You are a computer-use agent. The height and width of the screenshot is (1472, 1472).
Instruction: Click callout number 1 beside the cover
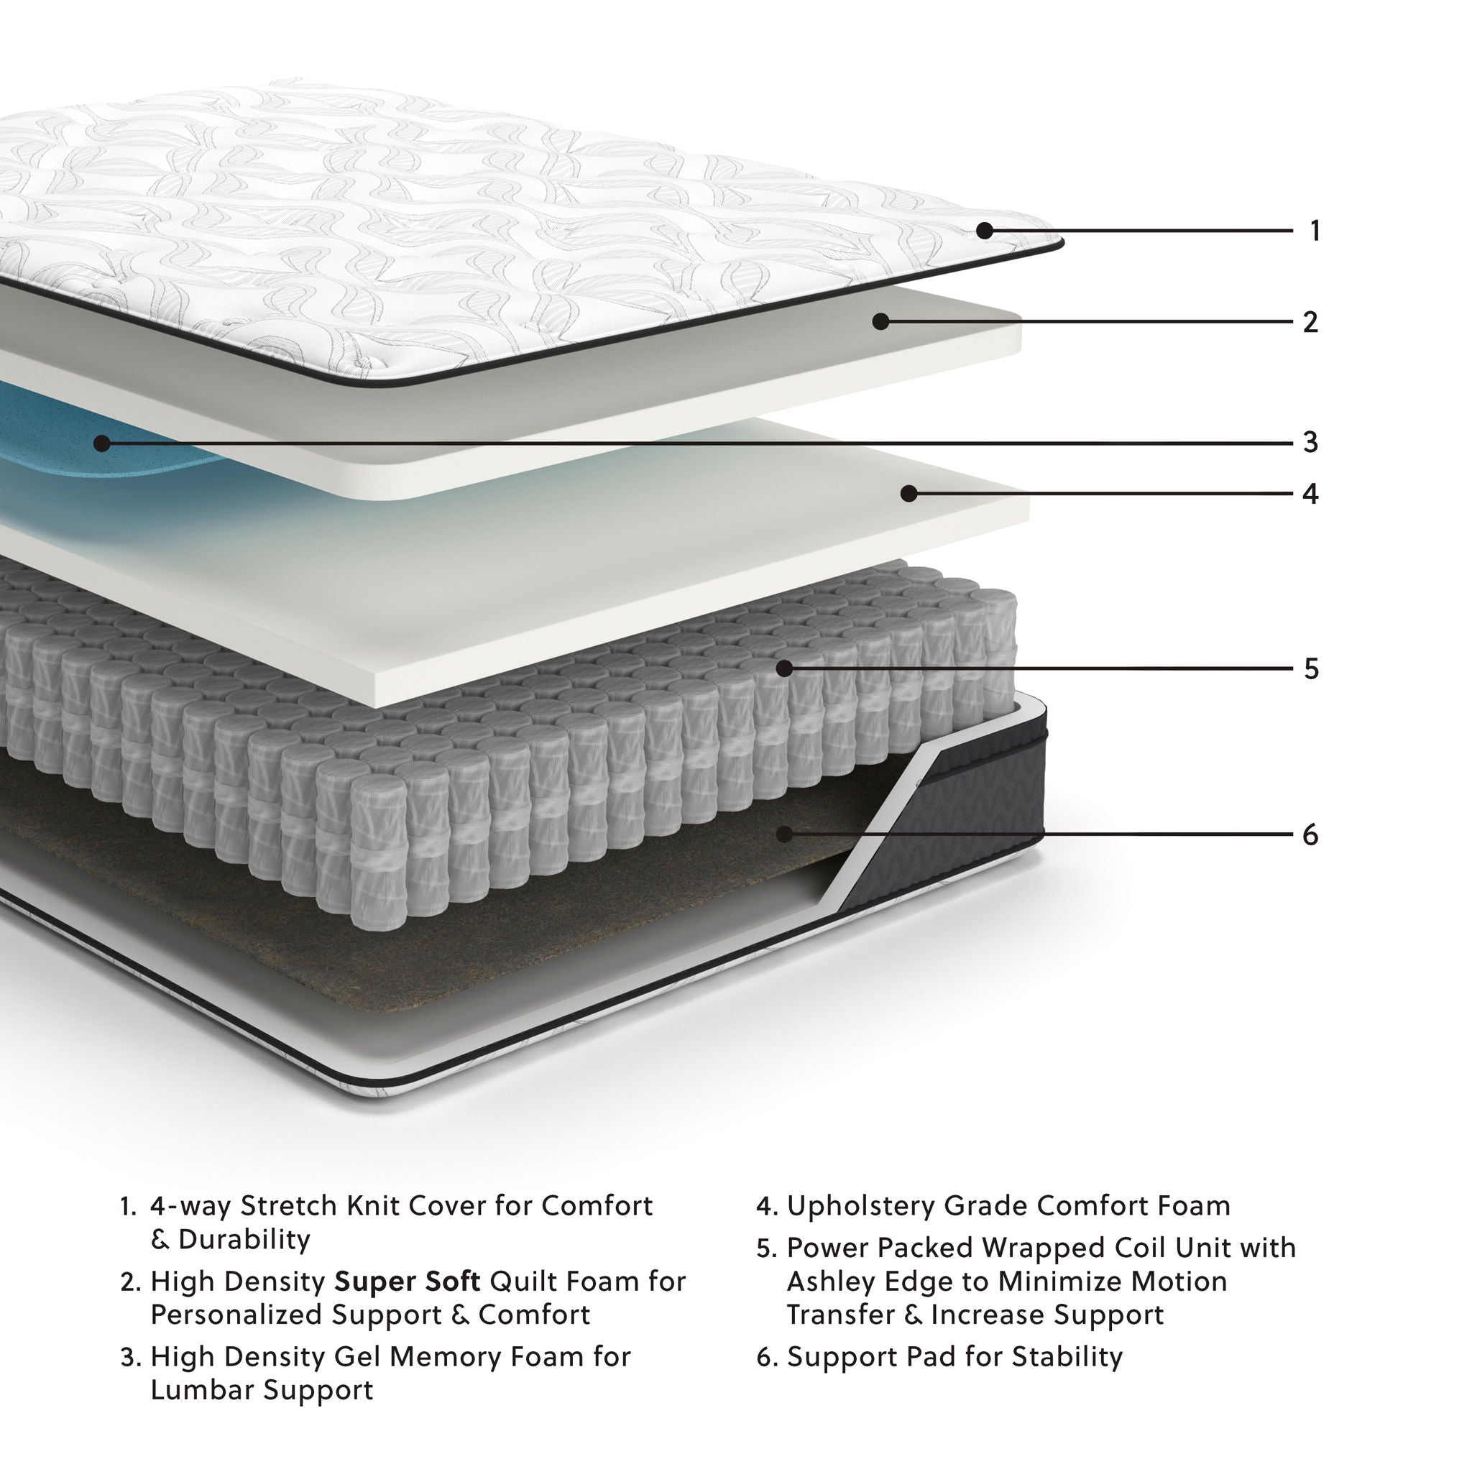point(1315,231)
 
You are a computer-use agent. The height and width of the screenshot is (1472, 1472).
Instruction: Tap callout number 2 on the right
point(1310,322)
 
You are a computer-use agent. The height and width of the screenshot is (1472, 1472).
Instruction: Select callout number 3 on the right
point(1310,443)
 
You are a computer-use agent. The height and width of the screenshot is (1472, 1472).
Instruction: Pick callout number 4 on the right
point(1310,494)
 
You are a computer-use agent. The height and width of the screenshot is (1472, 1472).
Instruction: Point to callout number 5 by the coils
point(1310,669)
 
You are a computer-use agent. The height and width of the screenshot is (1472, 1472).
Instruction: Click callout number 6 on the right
point(1310,835)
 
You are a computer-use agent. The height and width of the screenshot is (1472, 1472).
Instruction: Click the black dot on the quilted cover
point(985,230)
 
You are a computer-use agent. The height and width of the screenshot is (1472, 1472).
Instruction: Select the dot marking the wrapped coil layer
point(784,669)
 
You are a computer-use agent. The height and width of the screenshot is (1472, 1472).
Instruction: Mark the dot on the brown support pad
point(784,834)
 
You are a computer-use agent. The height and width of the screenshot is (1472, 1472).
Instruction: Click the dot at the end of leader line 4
point(908,494)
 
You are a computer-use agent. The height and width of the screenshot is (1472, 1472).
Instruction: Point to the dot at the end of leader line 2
point(880,321)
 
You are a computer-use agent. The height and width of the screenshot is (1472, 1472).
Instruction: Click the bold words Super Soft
point(407,1282)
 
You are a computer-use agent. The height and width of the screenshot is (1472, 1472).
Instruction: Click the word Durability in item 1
point(244,1240)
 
